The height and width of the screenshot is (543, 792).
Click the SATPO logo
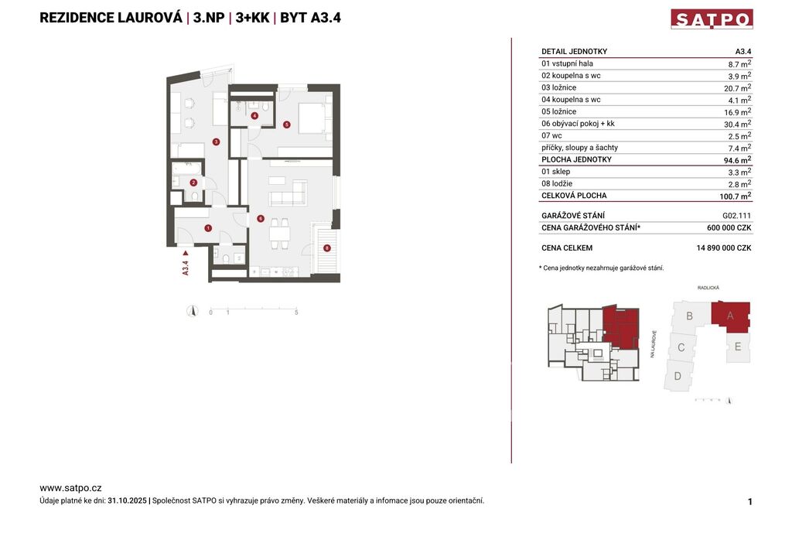point(712,19)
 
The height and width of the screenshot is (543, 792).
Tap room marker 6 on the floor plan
point(261,219)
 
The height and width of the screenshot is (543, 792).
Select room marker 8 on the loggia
point(327,248)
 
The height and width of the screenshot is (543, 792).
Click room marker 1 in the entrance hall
point(208,228)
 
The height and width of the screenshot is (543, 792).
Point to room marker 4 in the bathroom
point(254,116)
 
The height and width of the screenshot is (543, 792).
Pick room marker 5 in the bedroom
point(286,125)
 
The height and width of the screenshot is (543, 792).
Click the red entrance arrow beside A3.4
point(186,253)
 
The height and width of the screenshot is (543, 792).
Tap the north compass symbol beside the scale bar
point(192,311)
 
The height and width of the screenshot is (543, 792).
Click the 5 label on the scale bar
point(296,312)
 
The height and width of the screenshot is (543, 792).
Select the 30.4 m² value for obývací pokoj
point(737,124)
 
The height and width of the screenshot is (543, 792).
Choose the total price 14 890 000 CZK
point(724,248)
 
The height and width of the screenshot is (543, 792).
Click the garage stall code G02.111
point(737,216)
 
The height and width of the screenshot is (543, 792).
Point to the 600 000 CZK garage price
point(729,228)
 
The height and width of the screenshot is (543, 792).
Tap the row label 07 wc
point(551,136)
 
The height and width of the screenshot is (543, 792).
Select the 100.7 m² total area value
point(736,196)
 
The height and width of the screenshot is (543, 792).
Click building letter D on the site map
point(678,376)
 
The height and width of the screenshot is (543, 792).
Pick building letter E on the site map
point(738,347)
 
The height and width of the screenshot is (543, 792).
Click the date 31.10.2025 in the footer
point(128,501)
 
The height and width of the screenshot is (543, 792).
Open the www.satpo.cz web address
point(70,488)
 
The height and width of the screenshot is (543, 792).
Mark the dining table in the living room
point(279,234)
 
